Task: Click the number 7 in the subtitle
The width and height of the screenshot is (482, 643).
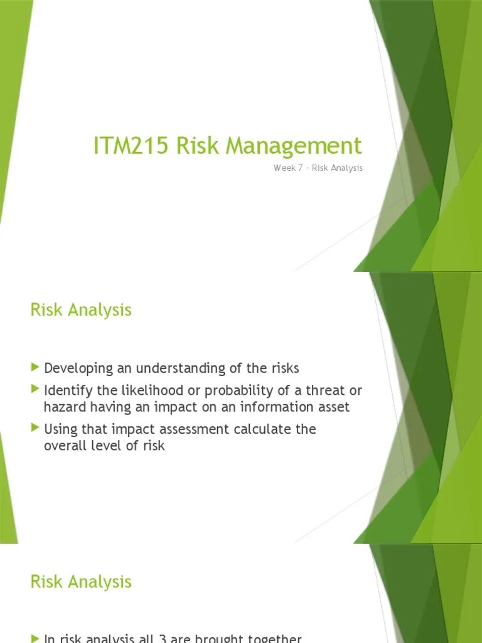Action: pyautogui.click(x=299, y=168)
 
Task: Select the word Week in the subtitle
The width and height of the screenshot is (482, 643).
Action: pyautogui.click(x=284, y=168)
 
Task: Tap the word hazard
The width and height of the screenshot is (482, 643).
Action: pyautogui.click(x=62, y=408)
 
